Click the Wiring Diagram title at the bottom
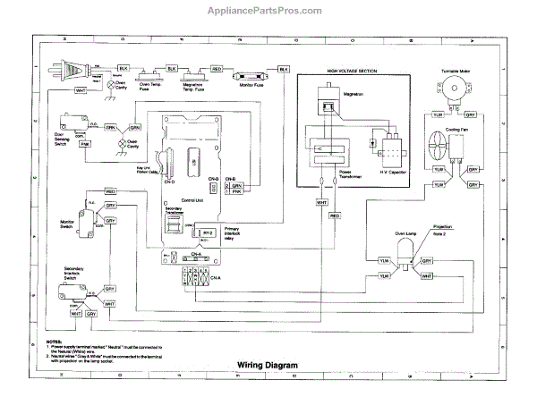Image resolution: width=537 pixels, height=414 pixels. [267, 364]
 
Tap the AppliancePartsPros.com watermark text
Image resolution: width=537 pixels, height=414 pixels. [268, 12]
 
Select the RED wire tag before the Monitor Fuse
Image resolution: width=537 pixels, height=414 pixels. [217, 69]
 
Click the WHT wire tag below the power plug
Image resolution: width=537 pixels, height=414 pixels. [81, 90]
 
